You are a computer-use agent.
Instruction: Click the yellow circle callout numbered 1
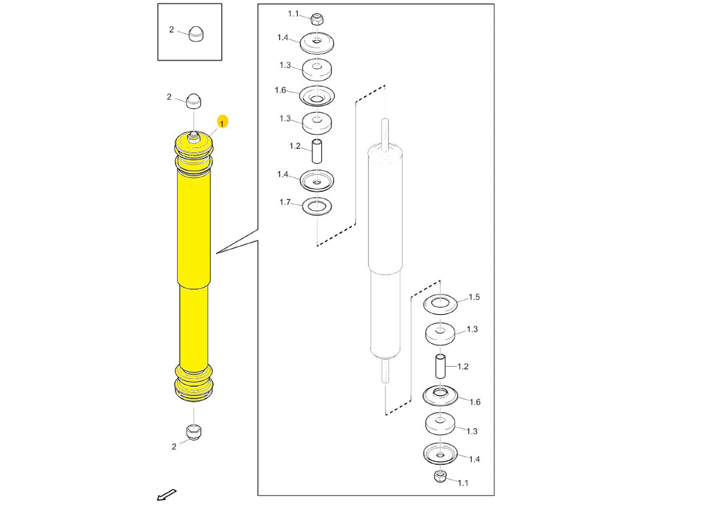coord(222,122)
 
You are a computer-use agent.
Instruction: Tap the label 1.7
coord(285,202)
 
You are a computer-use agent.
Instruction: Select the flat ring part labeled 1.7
coord(317,206)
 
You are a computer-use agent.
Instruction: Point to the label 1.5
coord(474,297)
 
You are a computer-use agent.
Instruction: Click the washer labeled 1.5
coord(440,304)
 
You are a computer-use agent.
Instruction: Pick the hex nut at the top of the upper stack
coord(317,19)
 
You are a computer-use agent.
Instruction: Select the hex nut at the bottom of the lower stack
coord(440,476)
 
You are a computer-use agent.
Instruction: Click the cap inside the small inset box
coord(196,34)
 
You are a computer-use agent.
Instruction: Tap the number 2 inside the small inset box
coord(171,29)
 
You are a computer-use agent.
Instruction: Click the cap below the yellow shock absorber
coord(194,432)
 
